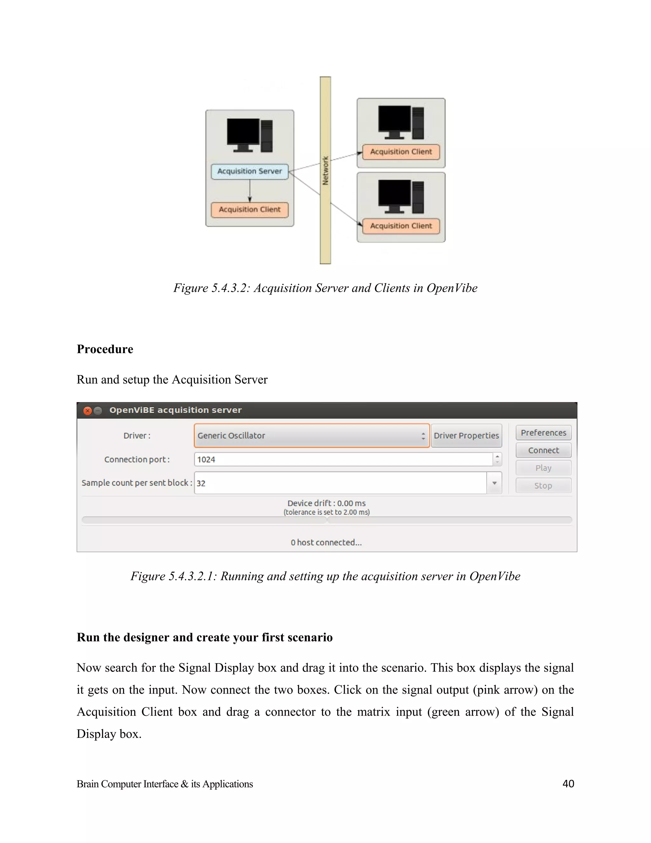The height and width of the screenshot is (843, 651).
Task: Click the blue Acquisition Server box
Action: pyautogui.click(x=250, y=171)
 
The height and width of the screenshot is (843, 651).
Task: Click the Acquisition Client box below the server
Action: pyautogui.click(x=250, y=210)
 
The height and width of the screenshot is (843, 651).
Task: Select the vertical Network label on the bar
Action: pyautogui.click(x=325, y=170)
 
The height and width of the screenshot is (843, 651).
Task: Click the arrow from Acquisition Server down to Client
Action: pyautogui.click(x=250, y=192)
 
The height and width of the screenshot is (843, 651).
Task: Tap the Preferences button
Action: pyautogui.click(x=543, y=433)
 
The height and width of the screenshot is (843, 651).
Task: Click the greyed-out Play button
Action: pyautogui.click(x=543, y=468)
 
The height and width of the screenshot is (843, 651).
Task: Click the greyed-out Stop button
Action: pyautogui.click(x=543, y=485)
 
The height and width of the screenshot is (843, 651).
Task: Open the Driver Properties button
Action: pyautogui.click(x=466, y=436)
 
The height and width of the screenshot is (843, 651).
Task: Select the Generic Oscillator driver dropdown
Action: pyautogui.click(x=311, y=436)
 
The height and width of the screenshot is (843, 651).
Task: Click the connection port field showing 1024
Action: pyautogui.click(x=343, y=459)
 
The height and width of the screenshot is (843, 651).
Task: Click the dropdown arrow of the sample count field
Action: pyautogui.click(x=494, y=483)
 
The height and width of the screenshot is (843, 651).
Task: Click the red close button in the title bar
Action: pyautogui.click(x=87, y=411)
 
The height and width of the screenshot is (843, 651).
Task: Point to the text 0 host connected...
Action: pyautogui.click(x=326, y=542)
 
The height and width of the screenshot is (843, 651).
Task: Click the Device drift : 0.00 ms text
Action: pyautogui.click(x=326, y=503)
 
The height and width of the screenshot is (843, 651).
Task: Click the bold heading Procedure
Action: pyautogui.click(x=105, y=349)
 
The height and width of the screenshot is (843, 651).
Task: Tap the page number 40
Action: pyautogui.click(x=568, y=784)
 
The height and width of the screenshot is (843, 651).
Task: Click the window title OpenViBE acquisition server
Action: pyautogui.click(x=175, y=410)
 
